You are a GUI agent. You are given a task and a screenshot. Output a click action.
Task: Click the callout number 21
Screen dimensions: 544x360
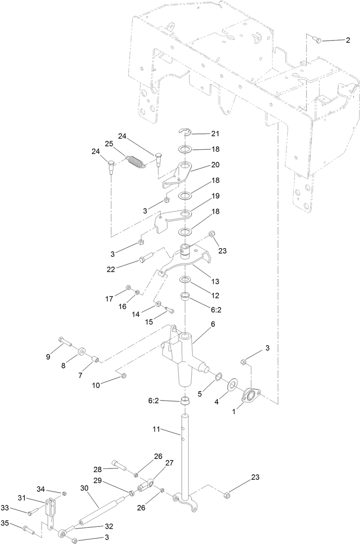(x=215, y=134)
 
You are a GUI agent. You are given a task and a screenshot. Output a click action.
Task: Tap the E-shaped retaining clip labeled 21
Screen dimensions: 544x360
(x=184, y=131)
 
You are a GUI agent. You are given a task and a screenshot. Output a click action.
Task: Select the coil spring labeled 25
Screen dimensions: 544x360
(x=135, y=161)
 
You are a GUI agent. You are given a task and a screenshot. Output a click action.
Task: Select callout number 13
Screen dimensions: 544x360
(x=215, y=281)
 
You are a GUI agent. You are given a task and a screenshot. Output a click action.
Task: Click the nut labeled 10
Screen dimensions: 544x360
(x=124, y=375)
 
